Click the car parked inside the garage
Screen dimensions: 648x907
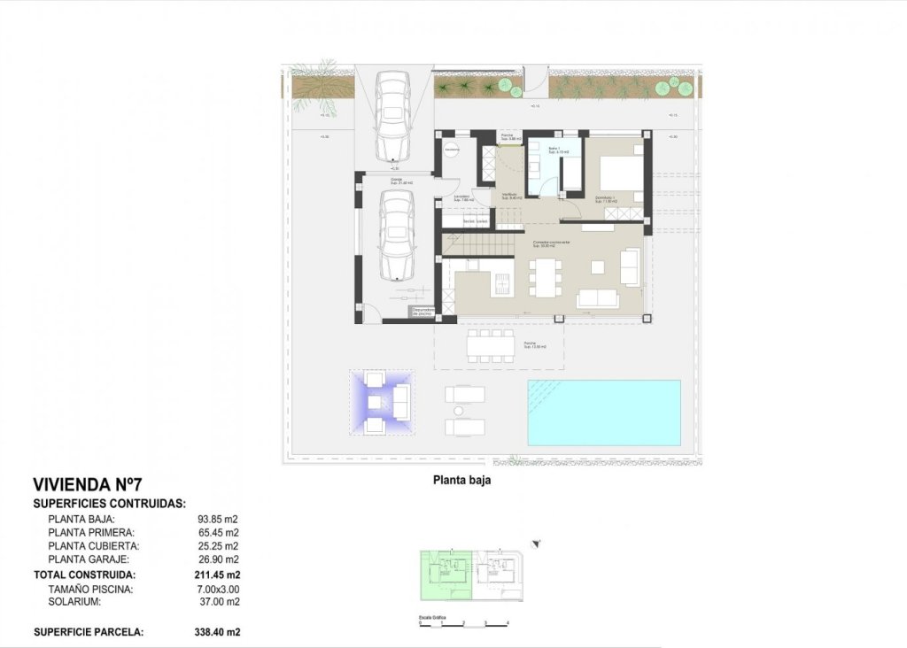click(395, 235)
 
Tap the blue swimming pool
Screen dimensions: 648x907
click(604, 413)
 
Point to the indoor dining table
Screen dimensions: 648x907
click(543, 276)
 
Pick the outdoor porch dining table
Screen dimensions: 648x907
click(491, 346)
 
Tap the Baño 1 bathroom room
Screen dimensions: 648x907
click(554, 165)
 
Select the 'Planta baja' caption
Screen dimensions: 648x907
click(461, 482)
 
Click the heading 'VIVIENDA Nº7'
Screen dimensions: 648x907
click(87, 484)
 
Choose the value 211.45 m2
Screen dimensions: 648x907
click(219, 575)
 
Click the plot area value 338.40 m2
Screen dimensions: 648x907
click(219, 632)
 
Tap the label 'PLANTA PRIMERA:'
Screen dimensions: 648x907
click(91, 533)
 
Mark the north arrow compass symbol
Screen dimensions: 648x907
click(536, 544)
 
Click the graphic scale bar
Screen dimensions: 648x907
click(463, 622)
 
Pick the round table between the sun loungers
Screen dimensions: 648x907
click(458, 411)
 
